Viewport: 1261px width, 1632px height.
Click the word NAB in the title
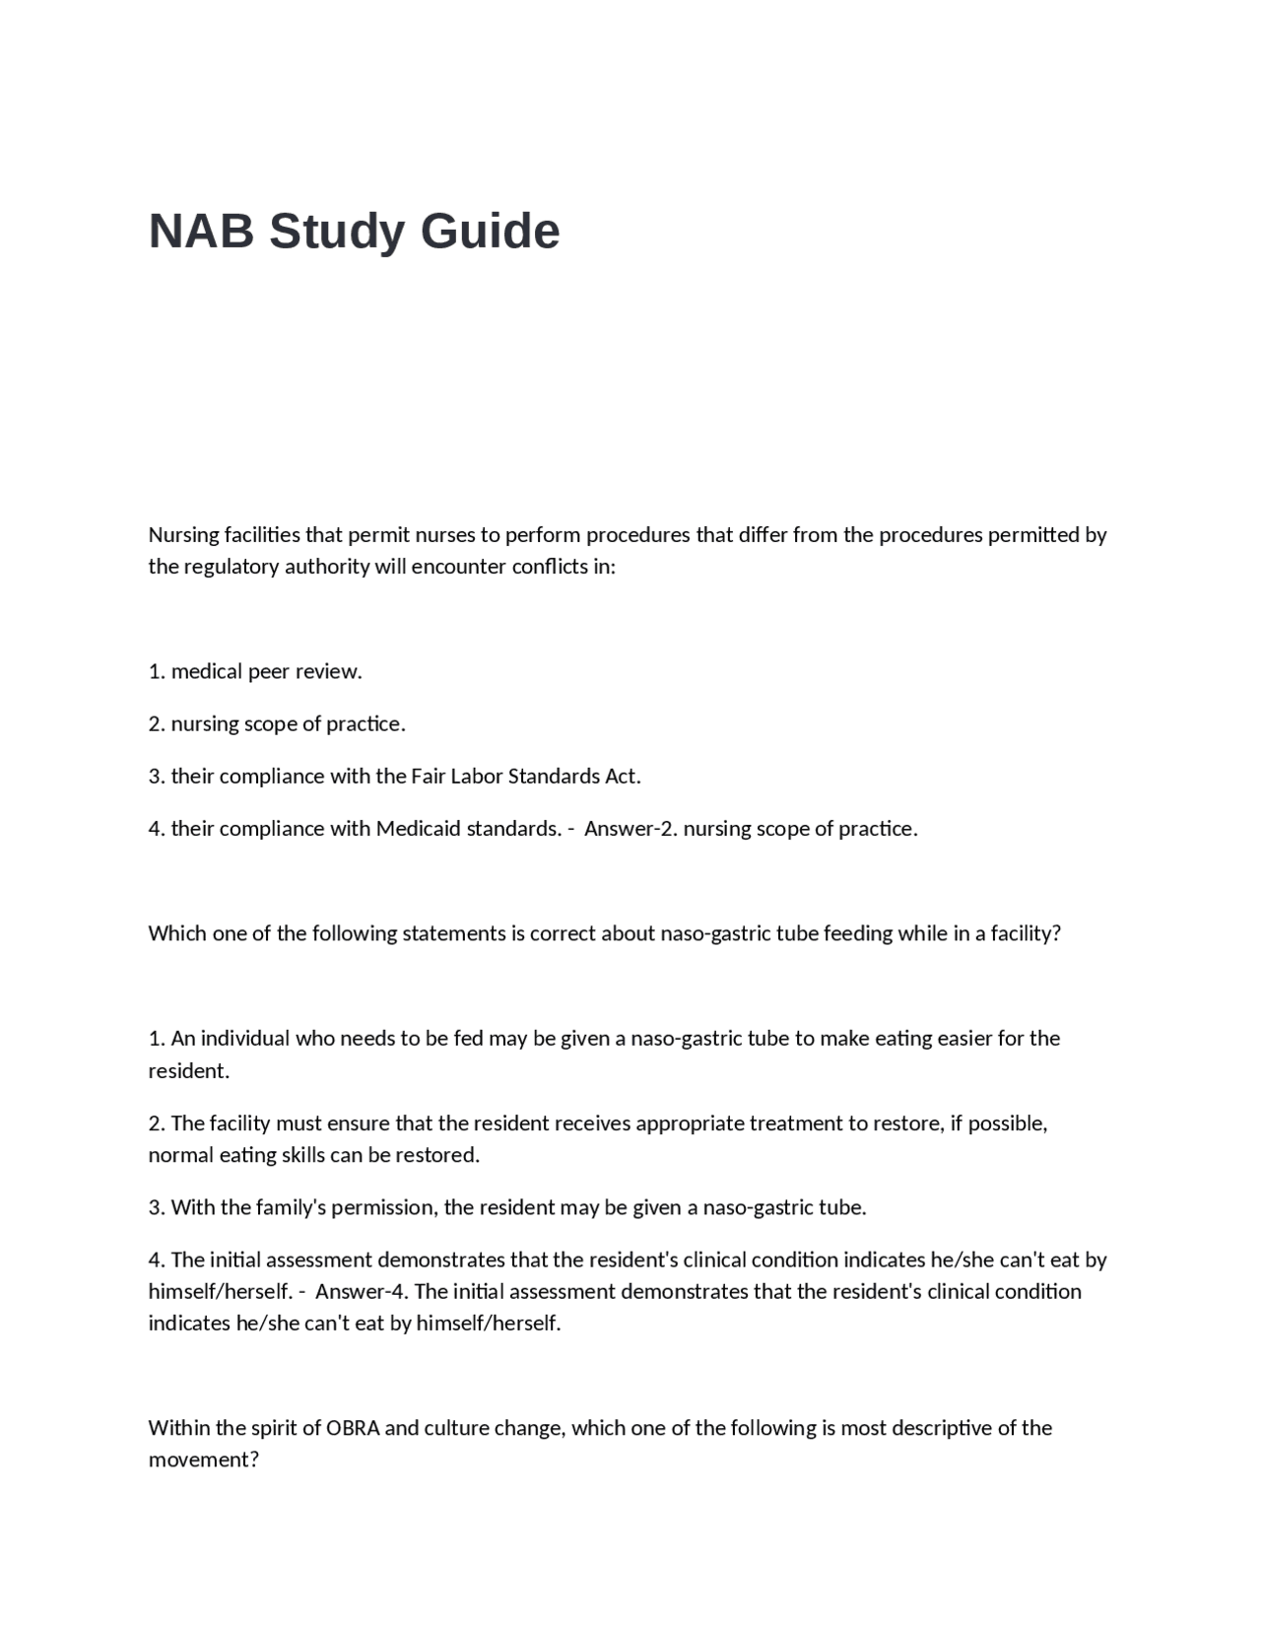tap(201, 232)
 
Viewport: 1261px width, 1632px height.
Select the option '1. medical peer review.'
tap(255, 671)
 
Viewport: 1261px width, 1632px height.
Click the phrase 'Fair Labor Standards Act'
tap(524, 776)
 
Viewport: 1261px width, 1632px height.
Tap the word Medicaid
tap(418, 828)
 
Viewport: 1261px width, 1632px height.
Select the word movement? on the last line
tap(203, 1460)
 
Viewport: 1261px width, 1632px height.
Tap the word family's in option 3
tap(291, 1207)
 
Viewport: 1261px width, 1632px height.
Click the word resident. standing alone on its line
tap(188, 1070)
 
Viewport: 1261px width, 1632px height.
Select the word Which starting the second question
tap(177, 933)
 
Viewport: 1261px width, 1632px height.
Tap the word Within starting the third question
tap(178, 1428)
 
